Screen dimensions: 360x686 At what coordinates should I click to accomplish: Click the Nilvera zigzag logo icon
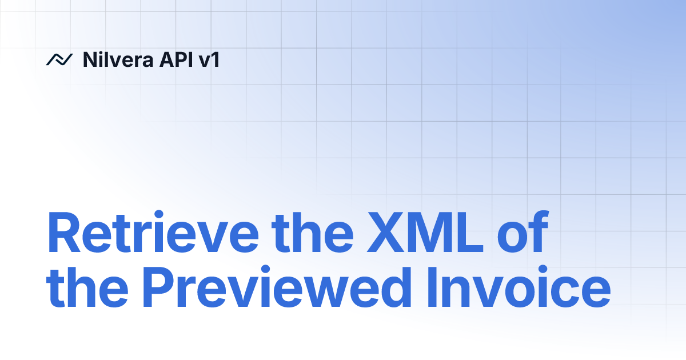point(59,59)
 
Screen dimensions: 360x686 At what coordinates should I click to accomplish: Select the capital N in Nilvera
point(89,59)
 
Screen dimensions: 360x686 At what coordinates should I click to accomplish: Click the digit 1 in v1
point(215,59)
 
